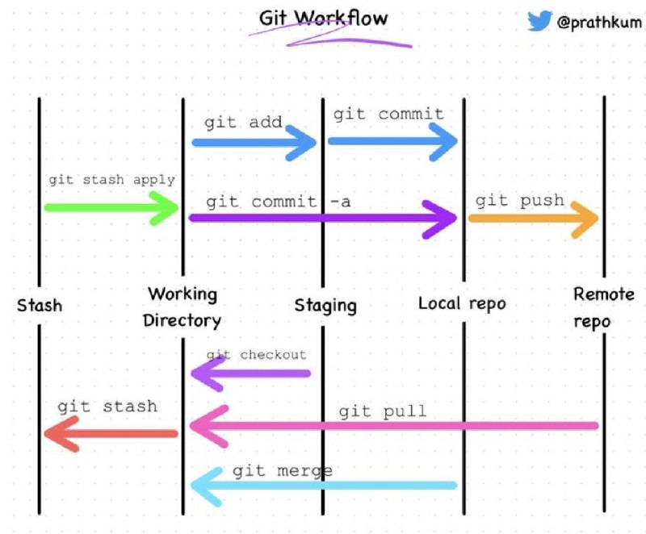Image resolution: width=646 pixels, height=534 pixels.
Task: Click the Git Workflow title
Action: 324,19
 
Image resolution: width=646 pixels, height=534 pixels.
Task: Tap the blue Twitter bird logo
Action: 539,21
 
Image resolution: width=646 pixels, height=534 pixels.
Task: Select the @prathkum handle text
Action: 599,23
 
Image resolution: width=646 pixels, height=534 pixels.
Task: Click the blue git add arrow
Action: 254,143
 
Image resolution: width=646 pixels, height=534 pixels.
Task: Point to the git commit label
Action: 388,114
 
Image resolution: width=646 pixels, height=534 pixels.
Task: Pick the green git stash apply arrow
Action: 111,208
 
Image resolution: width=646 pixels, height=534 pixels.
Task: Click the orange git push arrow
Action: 534,219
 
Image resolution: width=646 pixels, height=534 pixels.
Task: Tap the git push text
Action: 519,201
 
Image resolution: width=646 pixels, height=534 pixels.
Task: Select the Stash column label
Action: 40,306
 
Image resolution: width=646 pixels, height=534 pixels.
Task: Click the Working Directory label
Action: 182,307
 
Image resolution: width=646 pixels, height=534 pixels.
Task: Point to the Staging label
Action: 325,306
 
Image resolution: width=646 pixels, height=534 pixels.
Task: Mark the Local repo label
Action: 462,303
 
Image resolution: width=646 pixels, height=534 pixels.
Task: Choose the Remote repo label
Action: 603,307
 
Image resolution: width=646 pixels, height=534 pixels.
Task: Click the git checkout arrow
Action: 250,373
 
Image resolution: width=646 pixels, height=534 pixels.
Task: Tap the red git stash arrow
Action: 111,434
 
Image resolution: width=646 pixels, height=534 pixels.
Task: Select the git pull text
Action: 382,411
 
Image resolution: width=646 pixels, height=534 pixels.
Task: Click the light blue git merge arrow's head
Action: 207,486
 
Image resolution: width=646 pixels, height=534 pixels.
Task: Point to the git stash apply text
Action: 111,180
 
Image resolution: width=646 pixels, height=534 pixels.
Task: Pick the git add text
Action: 243,122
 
